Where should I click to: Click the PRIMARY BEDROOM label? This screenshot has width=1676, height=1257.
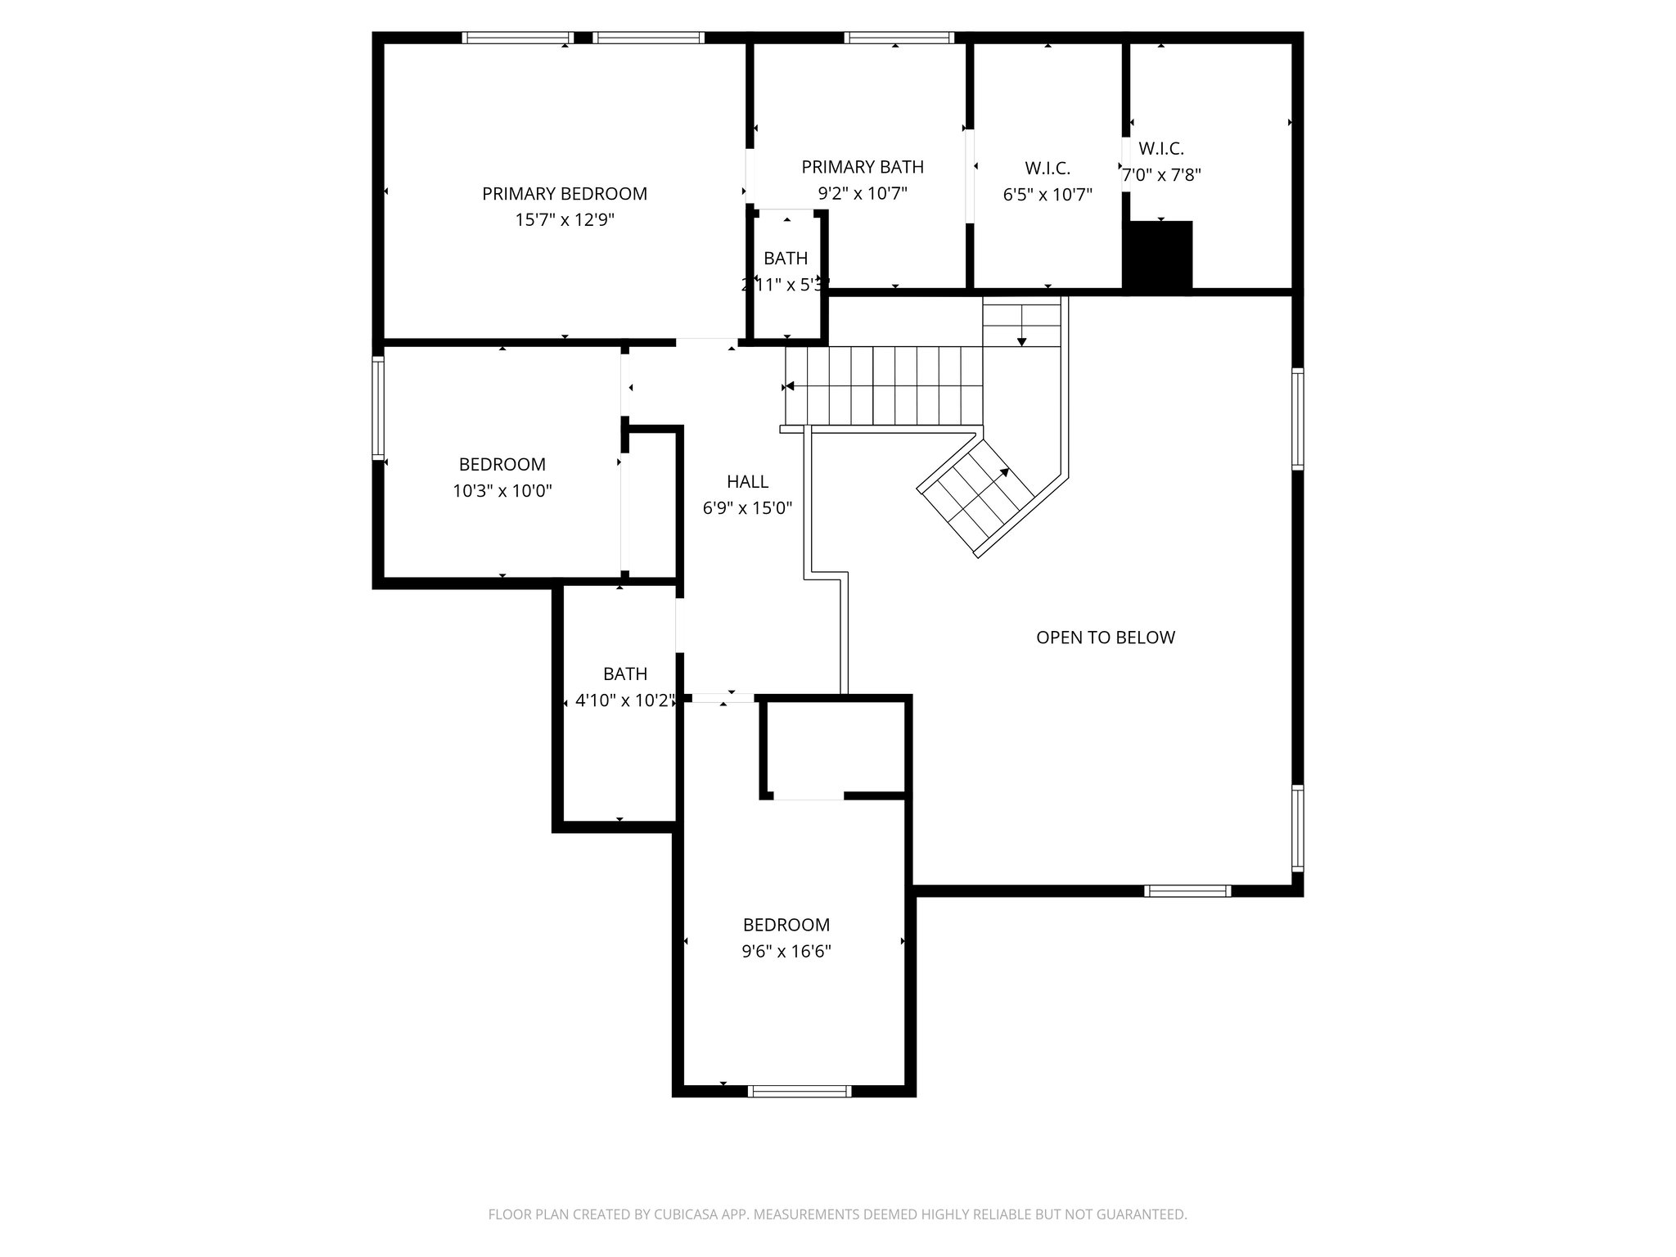click(564, 194)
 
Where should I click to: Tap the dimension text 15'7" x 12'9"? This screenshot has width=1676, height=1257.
click(564, 220)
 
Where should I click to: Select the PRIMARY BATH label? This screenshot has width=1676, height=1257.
click(862, 167)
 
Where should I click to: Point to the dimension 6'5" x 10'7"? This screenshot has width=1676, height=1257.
click(1047, 195)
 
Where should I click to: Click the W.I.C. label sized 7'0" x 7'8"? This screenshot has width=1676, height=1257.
click(1161, 149)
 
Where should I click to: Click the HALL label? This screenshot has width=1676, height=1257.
click(747, 481)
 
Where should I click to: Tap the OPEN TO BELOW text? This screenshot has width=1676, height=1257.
click(1105, 638)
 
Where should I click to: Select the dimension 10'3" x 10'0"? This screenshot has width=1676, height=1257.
click(502, 491)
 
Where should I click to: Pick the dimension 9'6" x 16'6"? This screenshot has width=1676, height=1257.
click(786, 951)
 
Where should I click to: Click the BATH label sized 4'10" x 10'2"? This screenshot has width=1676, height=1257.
click(624, 674)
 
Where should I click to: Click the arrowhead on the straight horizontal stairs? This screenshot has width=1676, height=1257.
click(789, 386)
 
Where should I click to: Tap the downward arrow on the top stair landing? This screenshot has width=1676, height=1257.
click(1021, 340)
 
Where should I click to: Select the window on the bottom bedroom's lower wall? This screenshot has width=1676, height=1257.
click(800, 1091)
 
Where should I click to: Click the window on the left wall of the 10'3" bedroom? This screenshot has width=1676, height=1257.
click(378, 408)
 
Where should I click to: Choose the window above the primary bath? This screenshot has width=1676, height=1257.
click(899, 37)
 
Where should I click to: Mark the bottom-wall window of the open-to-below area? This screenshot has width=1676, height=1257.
click(1187, 891)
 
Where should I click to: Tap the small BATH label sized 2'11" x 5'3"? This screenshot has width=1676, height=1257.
click(786, 259)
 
